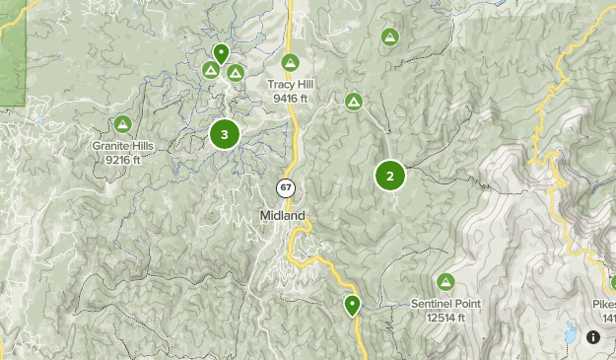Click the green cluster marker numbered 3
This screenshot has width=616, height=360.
coord(225,133)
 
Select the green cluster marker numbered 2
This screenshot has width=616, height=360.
coord(390,177)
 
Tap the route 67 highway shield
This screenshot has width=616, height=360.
coord(285,187)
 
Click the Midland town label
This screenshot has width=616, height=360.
coord(283,215)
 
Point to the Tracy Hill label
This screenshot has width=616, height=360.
coord(290,85)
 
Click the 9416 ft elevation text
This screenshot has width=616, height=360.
coord(290,99)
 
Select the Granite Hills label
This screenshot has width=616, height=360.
coord(123,146)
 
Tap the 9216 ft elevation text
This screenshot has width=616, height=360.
coord(123,160)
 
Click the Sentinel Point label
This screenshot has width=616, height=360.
coord(445,304)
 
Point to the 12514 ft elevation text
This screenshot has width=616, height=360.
coord(445,317)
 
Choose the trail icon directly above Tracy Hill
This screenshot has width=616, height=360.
coord(290,63)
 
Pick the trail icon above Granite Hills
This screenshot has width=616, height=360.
coord(123,124)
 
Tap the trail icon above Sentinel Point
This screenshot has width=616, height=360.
coord(445,282)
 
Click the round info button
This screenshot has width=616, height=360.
coord(593,337)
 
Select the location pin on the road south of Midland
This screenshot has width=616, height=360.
coord(352,305)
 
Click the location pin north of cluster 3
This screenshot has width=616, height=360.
coord(221,52)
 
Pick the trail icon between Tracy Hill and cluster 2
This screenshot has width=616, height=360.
coord(354,101)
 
